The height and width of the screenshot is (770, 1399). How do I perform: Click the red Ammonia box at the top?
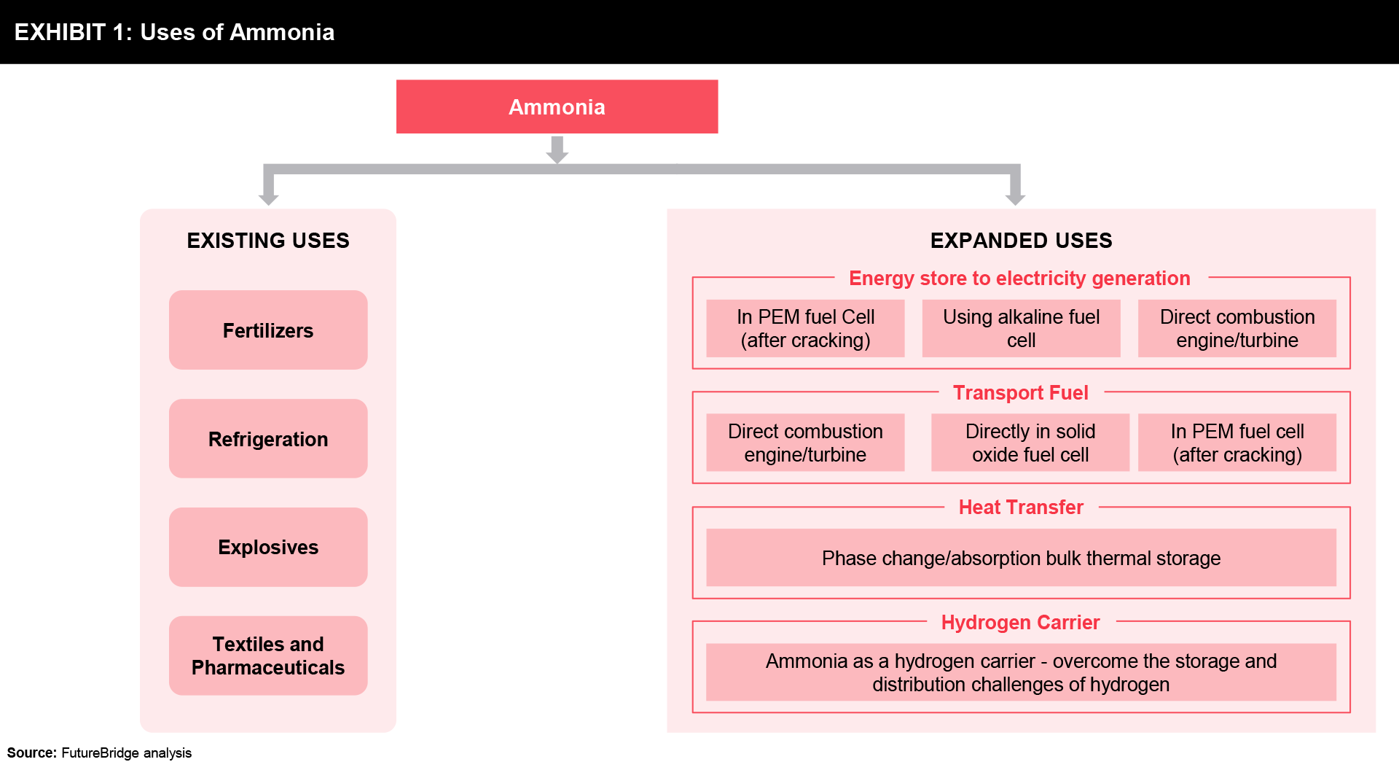tap(557, 106)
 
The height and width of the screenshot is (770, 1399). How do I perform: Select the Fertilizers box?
tap(268, 330)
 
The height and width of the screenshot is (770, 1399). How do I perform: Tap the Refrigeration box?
tap(268, 439)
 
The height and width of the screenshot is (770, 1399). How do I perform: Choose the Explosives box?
tap(268, 547)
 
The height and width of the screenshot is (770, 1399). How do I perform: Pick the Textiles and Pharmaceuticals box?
tap(268, 656)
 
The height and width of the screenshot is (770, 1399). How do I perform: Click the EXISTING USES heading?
tap(268, 241)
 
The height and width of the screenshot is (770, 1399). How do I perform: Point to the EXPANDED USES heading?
tap(1021, 241)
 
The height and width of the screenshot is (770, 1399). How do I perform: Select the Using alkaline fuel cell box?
tap(1021, 328)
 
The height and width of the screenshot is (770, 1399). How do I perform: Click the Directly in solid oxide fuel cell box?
tap(1030, 443)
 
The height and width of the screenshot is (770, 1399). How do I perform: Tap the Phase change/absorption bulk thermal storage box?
tap(1021, 558)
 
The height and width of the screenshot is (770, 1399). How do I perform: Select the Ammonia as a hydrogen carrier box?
tap(1021, 672)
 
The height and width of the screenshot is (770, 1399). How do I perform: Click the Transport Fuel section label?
tap(1021, 393)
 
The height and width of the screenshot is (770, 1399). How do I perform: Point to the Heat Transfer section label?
tap(1021, 507)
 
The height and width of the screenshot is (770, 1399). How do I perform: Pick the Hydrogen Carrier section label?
tap(1020, 622)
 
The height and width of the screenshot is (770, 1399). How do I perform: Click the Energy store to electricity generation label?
tap(1019, 279)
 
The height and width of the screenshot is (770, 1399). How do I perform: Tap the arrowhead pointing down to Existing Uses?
tap(269, 198)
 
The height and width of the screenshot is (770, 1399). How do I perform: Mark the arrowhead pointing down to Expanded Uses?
tap(1015, 198)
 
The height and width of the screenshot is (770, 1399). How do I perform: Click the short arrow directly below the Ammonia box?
tap(557, 149)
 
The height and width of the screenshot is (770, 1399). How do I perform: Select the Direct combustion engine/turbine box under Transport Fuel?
tap(805, 443)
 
